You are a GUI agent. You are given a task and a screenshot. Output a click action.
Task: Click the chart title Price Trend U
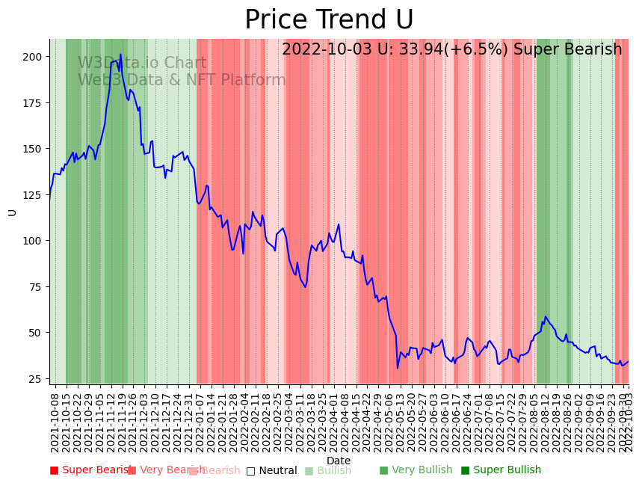click(x=329, y=20)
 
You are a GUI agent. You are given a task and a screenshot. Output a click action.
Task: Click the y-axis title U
click(x=13, y=212)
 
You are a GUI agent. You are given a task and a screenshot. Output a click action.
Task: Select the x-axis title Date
click(x=339, y=461)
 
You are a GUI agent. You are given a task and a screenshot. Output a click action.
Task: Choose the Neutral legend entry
click(x=272, y=470)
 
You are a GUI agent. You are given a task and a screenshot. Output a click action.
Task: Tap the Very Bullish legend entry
click(x=416, y=470)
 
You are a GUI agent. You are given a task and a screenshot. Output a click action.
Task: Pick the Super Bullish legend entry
click(x=501, y=470)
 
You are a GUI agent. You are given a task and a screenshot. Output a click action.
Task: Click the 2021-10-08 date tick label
click(x=55, y=419)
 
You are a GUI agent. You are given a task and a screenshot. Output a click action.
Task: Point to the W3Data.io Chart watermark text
click(x=142, y=63)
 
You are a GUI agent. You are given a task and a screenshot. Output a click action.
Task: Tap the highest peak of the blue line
click(x=120, y=55)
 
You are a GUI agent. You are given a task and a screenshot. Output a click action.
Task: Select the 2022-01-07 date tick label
click(x=201, y=419)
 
